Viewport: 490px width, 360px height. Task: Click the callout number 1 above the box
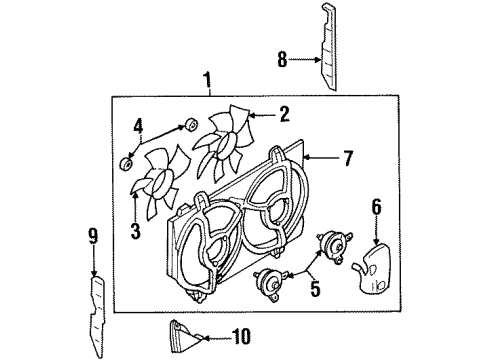coord(207,80)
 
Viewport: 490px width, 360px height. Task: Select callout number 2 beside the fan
coord(284,114)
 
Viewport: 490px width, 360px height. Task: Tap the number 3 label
coord(136,231)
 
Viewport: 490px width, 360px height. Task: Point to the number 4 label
coord(138,127)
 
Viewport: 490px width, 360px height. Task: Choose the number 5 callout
coord(315,288)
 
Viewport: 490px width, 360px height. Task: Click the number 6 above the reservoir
coord(376,207)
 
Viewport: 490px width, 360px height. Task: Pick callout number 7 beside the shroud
coord(348,158)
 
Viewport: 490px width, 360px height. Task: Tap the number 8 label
coord(282,60)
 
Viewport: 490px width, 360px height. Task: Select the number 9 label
coord(93,236)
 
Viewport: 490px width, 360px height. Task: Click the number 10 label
coord(241,336)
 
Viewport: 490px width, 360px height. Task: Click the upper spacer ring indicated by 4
coord(191,124)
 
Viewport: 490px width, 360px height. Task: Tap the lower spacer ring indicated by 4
coord(126,165)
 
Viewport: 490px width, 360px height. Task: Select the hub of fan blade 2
coord(225,145)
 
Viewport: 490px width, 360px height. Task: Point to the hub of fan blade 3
coord(161,184)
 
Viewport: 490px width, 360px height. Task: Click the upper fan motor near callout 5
coord(334,246)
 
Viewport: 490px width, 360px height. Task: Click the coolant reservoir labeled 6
coord(372,269)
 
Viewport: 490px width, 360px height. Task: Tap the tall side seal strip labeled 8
coord(328,47)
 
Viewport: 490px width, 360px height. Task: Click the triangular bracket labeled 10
coord(184,337)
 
